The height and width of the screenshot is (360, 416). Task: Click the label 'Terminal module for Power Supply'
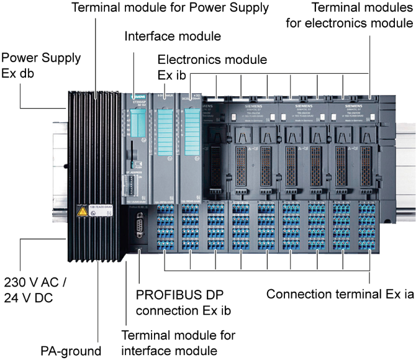click(170, 8)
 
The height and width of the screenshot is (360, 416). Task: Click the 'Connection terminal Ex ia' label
click(340, 294)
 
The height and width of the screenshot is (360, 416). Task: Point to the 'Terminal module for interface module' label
click(178, 343)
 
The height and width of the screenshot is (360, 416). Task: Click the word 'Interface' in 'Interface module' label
click(149, 35)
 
